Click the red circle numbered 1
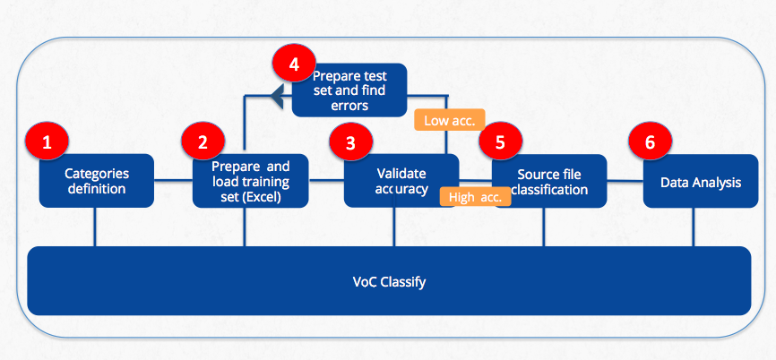point(47,142)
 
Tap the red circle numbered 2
point(203,142)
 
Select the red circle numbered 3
point(350,143)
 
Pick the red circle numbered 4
point(294,64)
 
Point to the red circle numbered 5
point(500,142)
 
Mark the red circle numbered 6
point(650,142)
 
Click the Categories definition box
point(97,181)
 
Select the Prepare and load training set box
point(250,181)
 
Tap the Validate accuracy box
point(401,181)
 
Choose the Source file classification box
point(549,181)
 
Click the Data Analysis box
point(701,181)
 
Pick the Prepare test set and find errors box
point(349,90)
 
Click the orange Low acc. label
point(447,120)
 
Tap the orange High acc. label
point(476,197)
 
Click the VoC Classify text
point(390,282)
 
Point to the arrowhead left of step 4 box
point(277,96)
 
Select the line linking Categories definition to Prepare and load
point(173,181)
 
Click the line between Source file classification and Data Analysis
point(625,181)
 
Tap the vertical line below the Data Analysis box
point(693,227)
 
